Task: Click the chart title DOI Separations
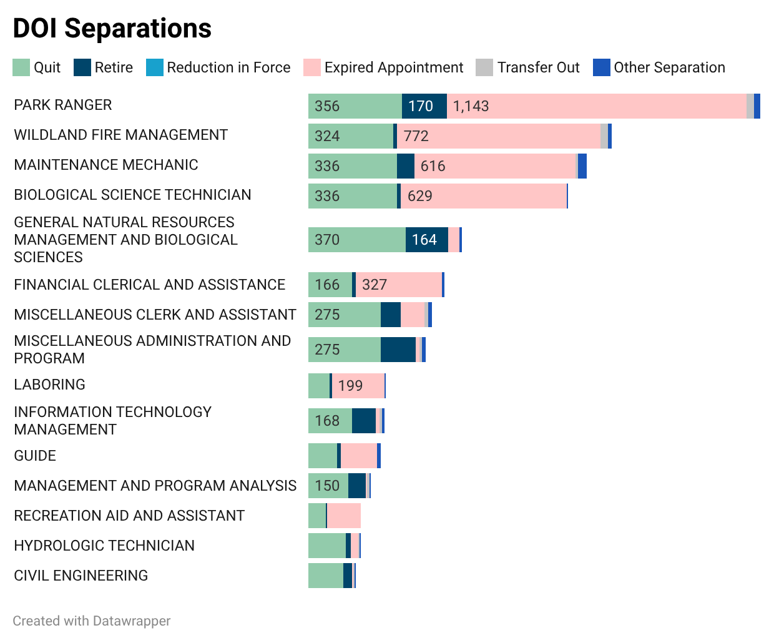coord(112,29)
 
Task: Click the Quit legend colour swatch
coord(21,67)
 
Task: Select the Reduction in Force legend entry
coord(228,67)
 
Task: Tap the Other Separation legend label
coord(669,67)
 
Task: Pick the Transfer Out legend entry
coord(538,67)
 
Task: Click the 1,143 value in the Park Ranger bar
coord(471,106)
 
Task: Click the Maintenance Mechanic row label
coord(106,165)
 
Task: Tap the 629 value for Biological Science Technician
coord(420,196)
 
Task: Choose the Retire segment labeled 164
coord(426,240)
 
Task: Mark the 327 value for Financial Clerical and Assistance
coord(375,285)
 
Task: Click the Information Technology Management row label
coord(112,421)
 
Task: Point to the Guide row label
coord(35,456)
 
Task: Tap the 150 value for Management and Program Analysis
coord(327,486)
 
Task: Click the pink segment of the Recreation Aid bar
coord(344,516)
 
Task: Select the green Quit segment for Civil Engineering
coord(325,576)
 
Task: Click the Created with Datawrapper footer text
coord(92,621)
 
